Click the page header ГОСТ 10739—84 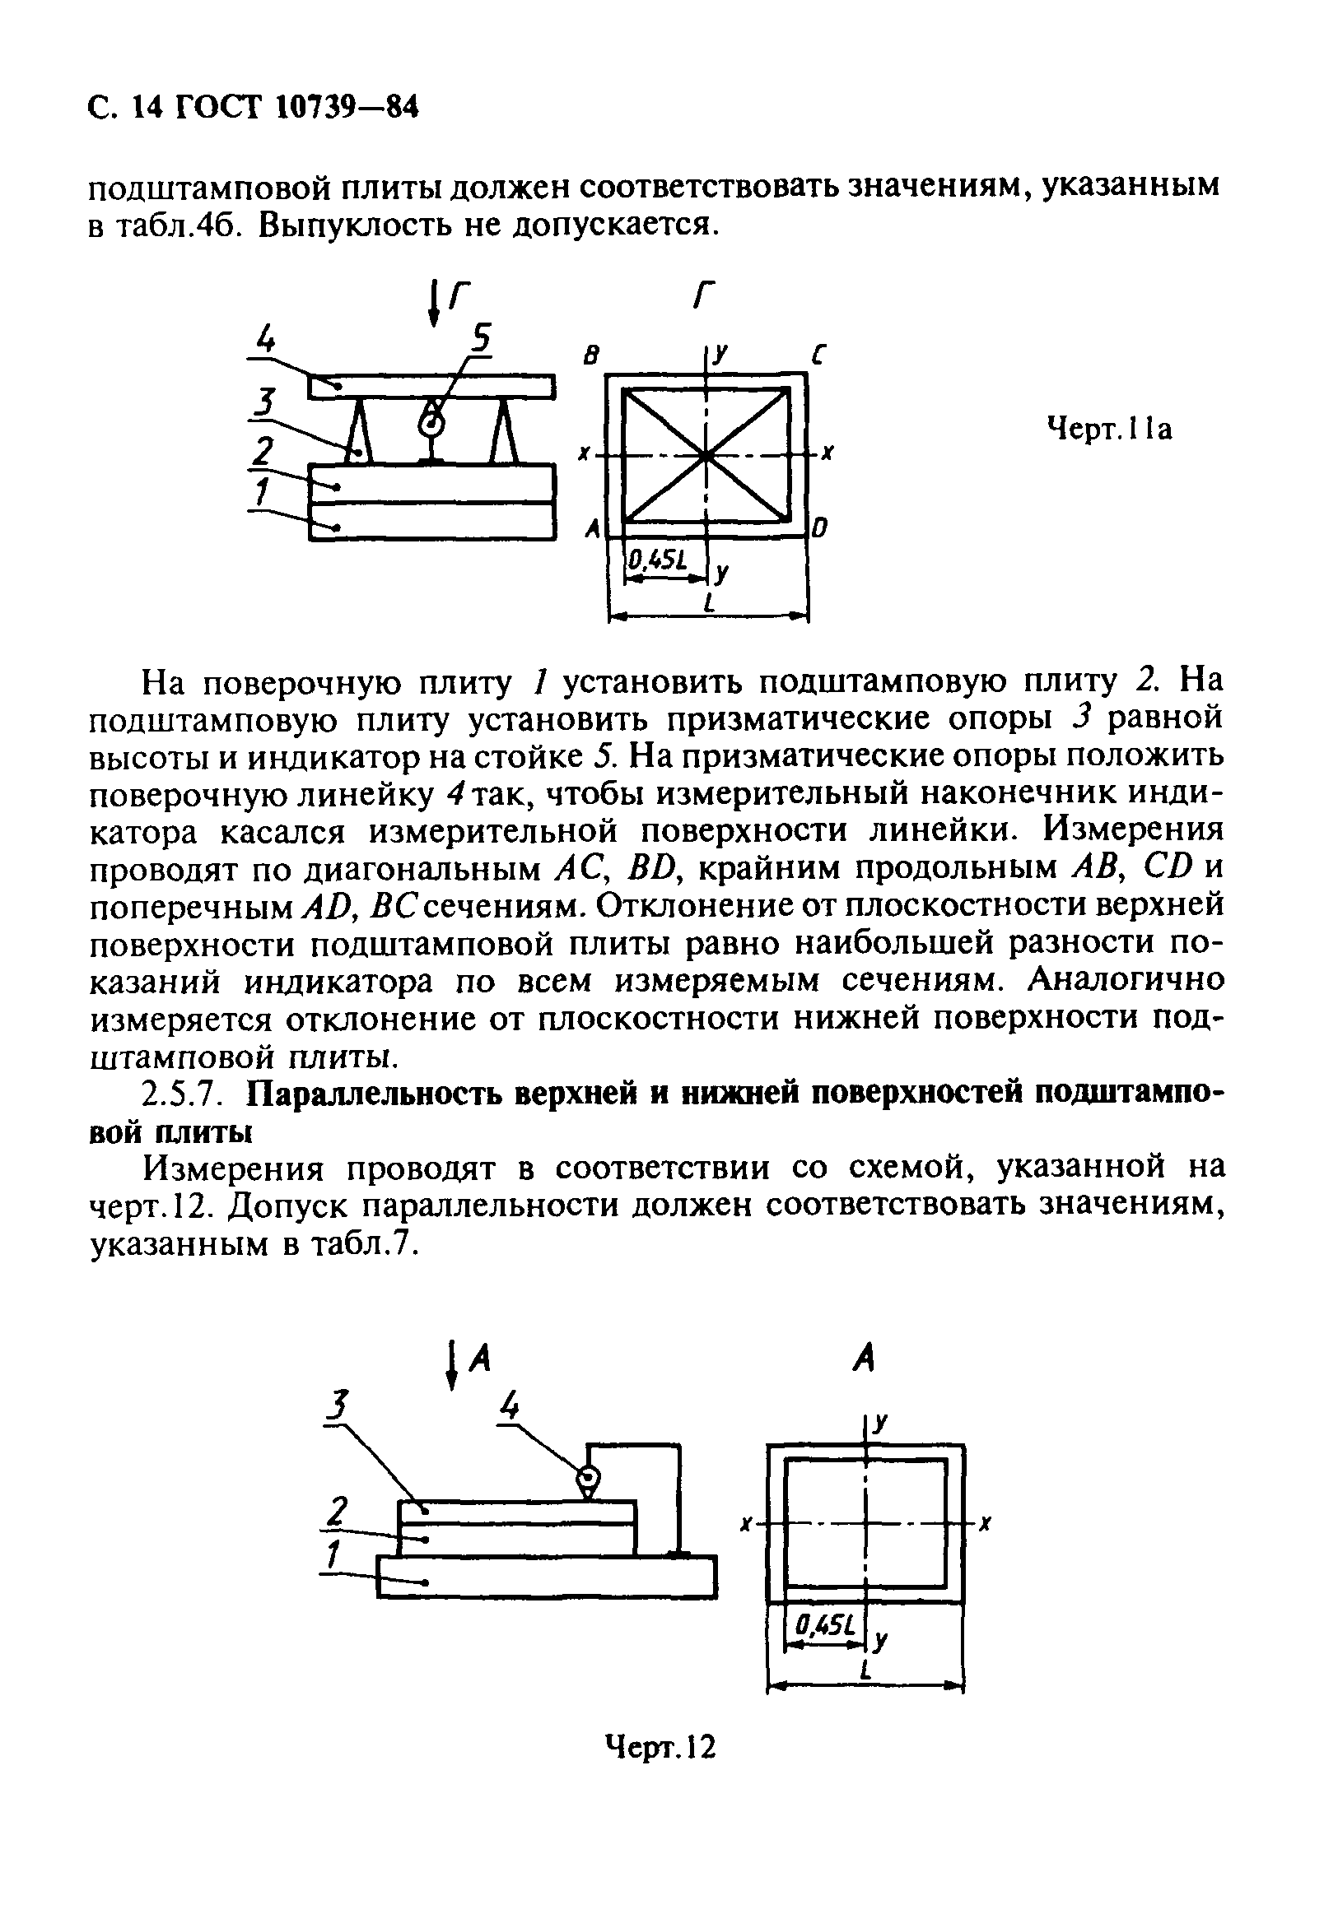coord(251,108)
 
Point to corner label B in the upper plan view coord(592,356)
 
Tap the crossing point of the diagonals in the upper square coord(706,456)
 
